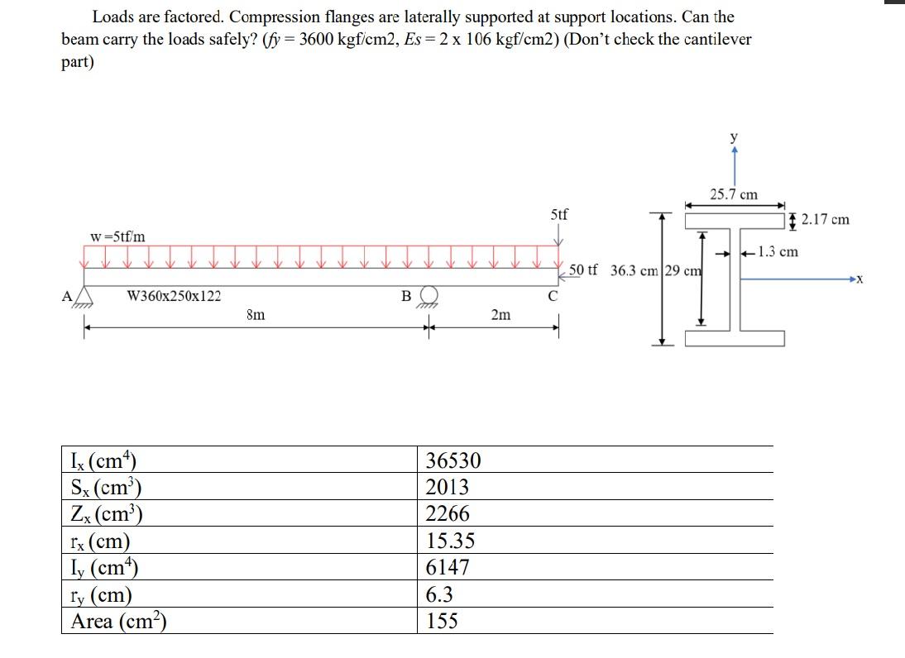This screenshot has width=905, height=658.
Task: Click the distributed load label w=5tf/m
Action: pos(117,236)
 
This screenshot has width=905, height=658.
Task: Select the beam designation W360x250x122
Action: pos(174,296)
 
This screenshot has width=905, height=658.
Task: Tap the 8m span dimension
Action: pos(256,315)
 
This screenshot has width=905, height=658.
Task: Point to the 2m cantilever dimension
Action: pos(500,315)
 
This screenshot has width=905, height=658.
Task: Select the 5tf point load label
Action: pos(559,215)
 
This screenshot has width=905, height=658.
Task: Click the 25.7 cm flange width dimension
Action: pos(734,195)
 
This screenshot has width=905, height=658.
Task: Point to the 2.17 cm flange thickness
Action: pos(825,220)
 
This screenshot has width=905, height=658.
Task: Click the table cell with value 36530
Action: pos(452,460)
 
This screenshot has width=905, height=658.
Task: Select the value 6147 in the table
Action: pos(448,568)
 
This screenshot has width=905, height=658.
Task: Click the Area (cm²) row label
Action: pos(119,622)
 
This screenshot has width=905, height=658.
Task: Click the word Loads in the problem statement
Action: pos(113,17)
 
